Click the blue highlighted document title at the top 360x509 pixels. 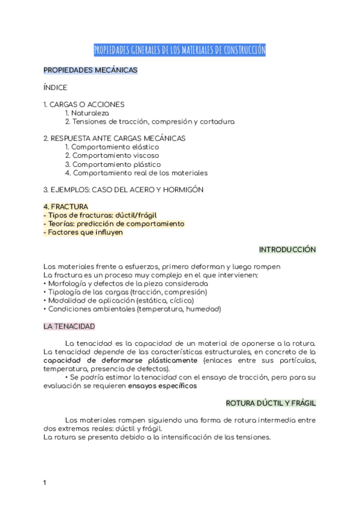click(x=179, y=50)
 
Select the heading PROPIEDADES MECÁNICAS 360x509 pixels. click(x=91, y=70)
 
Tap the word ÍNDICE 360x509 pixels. click(x=55, y=88)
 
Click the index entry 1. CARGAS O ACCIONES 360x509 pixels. click(x=84, y=104)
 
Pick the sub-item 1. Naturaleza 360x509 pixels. click(x=87, y=113)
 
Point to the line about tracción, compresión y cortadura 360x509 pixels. click(x=149, y=121)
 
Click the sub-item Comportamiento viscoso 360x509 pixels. click(x=112, y=155)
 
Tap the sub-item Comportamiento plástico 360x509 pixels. click(x=113, y=164)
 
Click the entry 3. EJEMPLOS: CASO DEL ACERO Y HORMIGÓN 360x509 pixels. click(x=124, y=190)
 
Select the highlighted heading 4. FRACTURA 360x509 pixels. click(x=66, y=206)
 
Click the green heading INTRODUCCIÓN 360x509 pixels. click(x=287, y=249)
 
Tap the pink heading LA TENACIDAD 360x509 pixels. click(x=69, y=327)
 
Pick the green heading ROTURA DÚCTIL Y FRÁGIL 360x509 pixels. click(x=271, y=403)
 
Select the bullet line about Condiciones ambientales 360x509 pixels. click(x=133, y=309)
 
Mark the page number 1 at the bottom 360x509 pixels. click(x=45, y=483)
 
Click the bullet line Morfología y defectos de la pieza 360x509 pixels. click(x=126, y=283)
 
